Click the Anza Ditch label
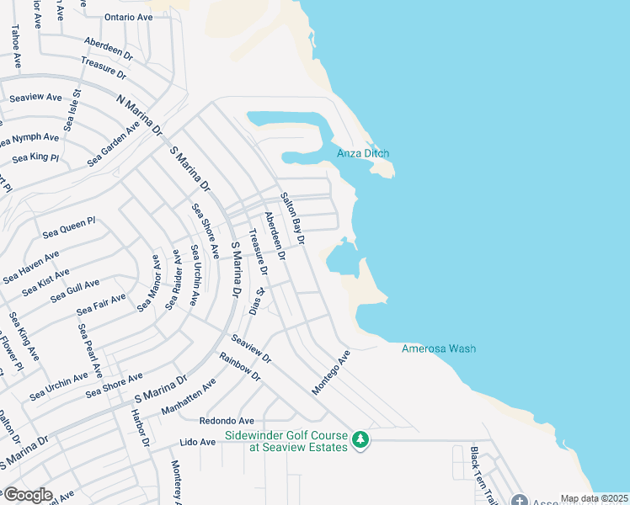click(x=363, y=153)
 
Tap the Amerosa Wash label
click(x=439, y=348)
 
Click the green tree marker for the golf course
click(x=360, y=439)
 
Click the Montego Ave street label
click(x=330, y=372)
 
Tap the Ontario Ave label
click(x=128, y=17)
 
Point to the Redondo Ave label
click(x=227, y=420)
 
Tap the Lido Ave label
click(x=199, y=441)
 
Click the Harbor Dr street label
click(x=140, y=428)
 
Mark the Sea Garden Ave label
click(x=114, y=145)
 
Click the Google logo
click(x=27, y=494)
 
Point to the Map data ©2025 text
click(x=594, y=498)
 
